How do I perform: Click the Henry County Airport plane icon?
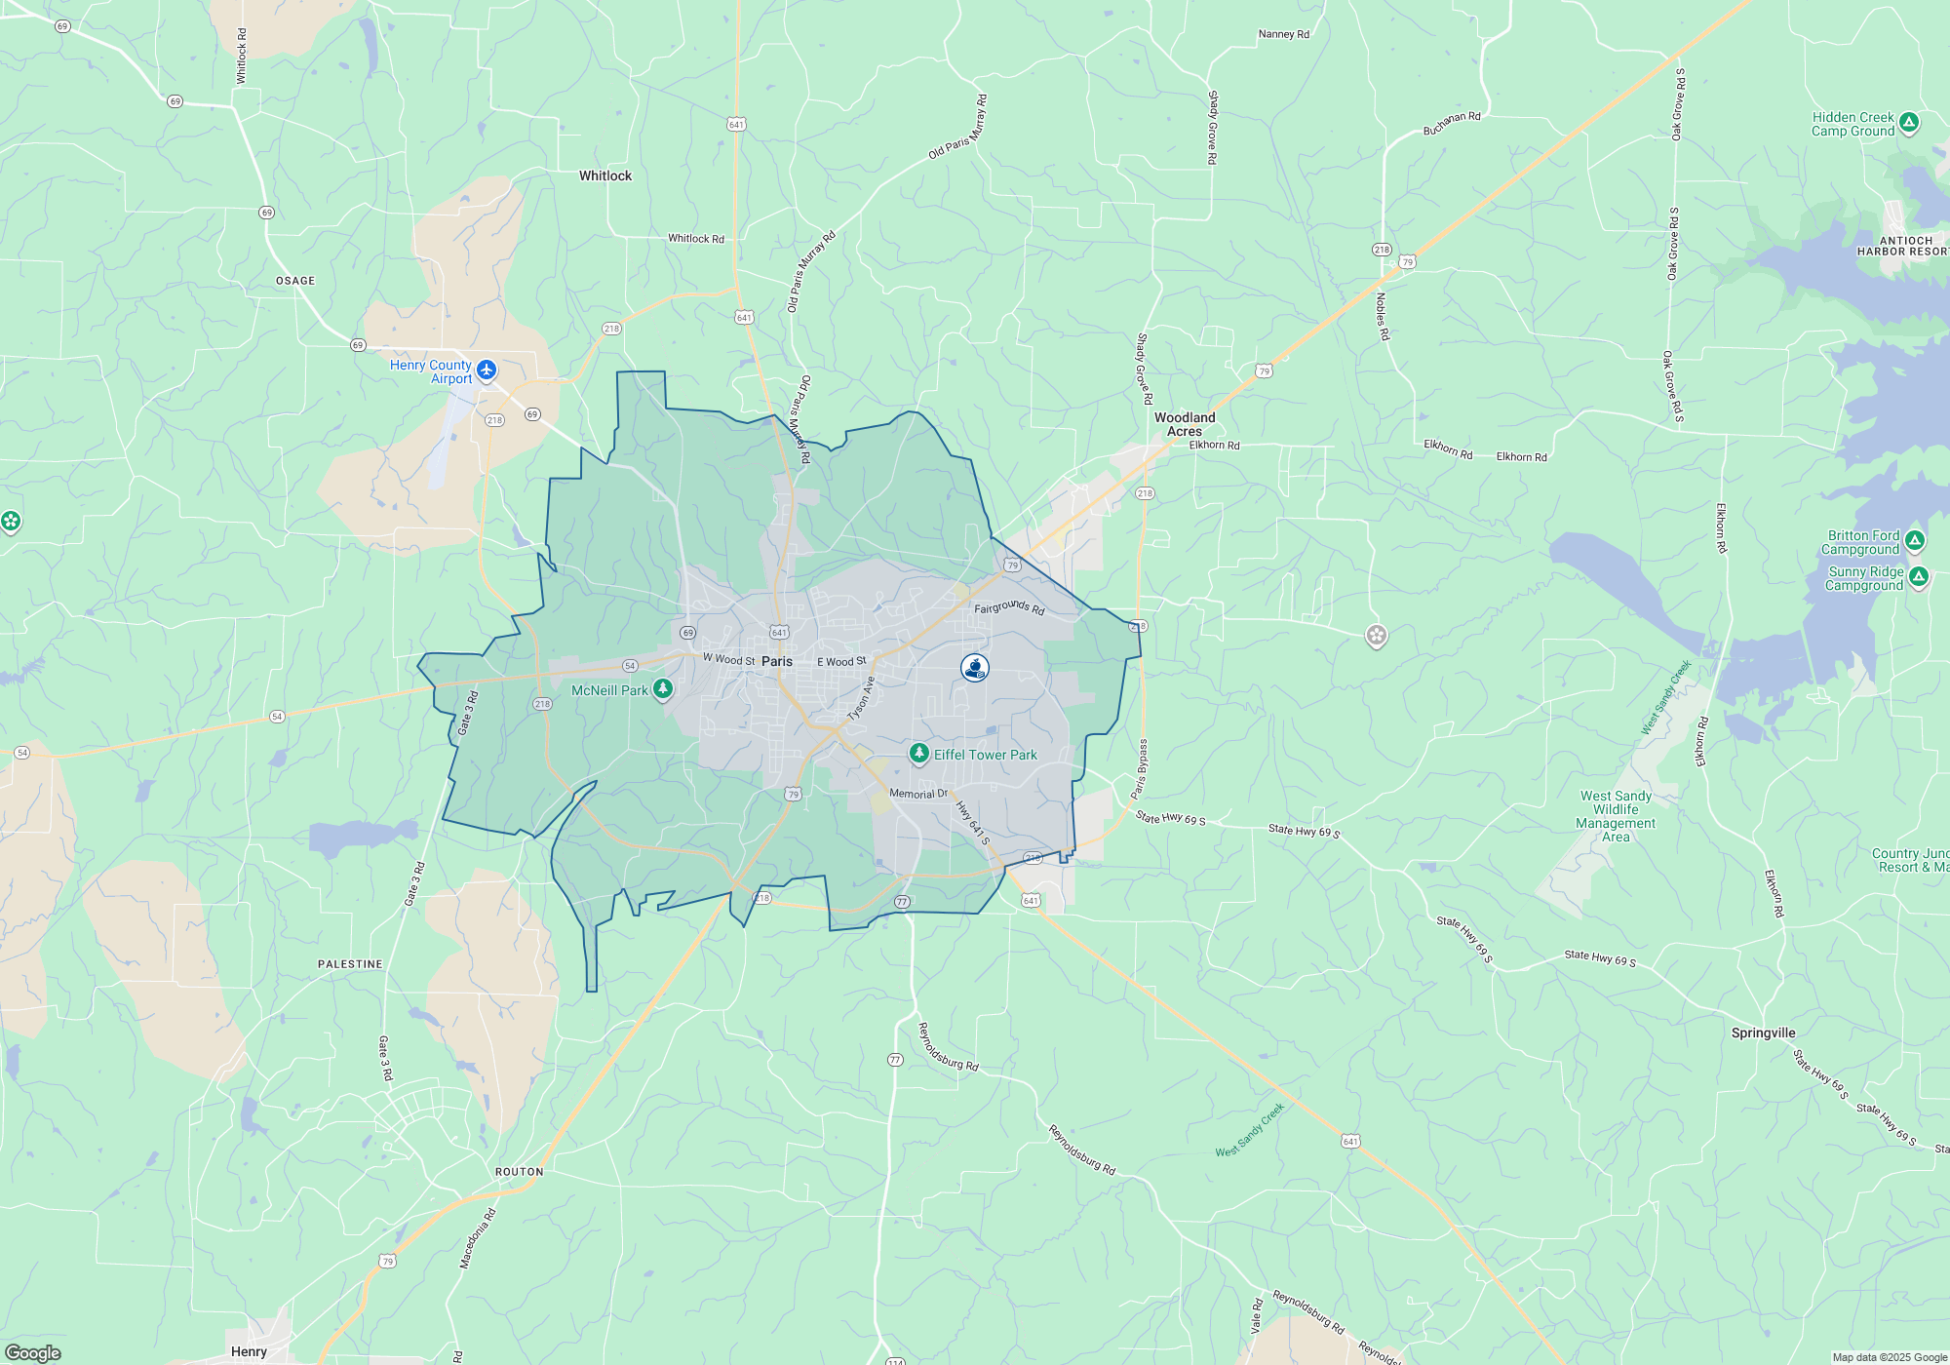(x=487, y=370)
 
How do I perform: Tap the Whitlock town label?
(x=605, y=176)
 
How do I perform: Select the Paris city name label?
(x=777, y=661)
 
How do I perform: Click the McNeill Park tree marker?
(x=663, y=689)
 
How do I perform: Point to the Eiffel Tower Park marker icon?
(x=918, y=754)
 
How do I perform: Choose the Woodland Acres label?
(x=1185, y=424)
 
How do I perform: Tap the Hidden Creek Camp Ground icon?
(x=1909, y=123)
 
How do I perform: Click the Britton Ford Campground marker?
(x=1915, y=541)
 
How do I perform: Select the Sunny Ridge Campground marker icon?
(x=1919, y=577)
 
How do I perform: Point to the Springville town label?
(x=1763, y=1033)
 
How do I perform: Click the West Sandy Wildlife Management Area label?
(x=1616, y=816)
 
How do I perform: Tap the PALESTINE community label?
(x=350, y=964)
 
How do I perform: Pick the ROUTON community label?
(x=519, y=1172)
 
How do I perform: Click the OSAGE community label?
(x=295, y=281)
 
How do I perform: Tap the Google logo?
(x=32, y=1352)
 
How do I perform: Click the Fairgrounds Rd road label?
(x=1009, y=607)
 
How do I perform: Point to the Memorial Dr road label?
(x=918, y=794)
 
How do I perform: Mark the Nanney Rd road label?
(x=1283, y=34)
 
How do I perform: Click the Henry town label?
(x=249, y=1351)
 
